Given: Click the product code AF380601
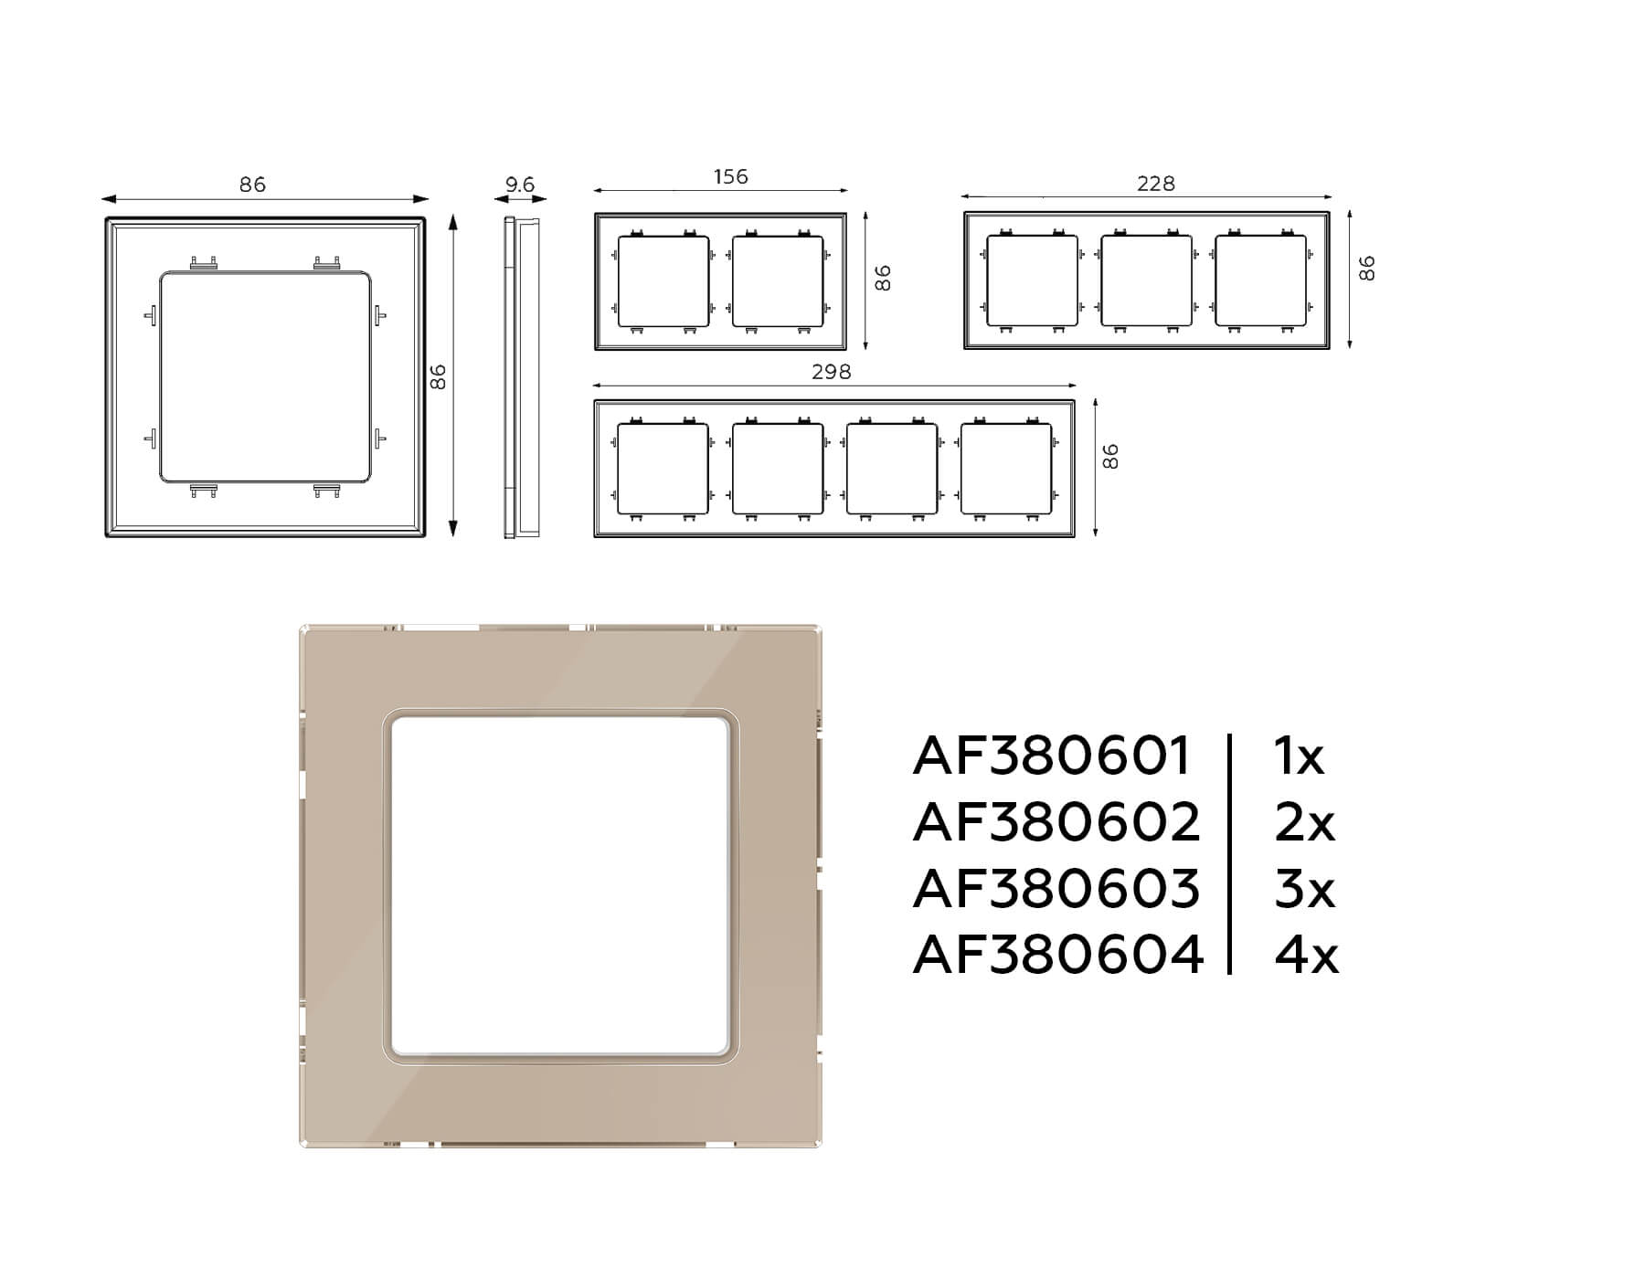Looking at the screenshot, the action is coord(1052,756).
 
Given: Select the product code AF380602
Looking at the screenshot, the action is coord(1056,822).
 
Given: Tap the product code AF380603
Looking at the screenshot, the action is coord(1056,889).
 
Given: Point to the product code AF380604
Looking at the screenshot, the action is coord(1058,955).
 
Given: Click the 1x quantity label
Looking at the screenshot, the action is coord(1299,756).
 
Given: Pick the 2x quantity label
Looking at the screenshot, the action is coord(1304,822).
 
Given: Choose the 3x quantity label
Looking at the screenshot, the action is coord(1304,889).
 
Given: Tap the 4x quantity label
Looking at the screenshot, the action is coord(1307,955).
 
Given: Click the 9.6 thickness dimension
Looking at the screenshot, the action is coord(520,185).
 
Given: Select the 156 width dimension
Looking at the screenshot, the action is coord(730,176).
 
